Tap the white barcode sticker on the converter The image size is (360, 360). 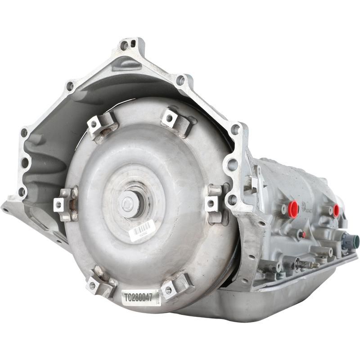[x=141, y=230]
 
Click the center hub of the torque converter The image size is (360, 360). [x=129, y=203]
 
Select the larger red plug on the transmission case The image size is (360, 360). [x=293, y=209]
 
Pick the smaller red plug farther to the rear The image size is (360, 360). [x=336, y=210]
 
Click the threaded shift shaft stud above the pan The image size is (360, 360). [x=308, y=265]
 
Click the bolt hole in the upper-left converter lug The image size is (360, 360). [x=95, y=124]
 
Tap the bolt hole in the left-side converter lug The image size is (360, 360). [x=58, y=205]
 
